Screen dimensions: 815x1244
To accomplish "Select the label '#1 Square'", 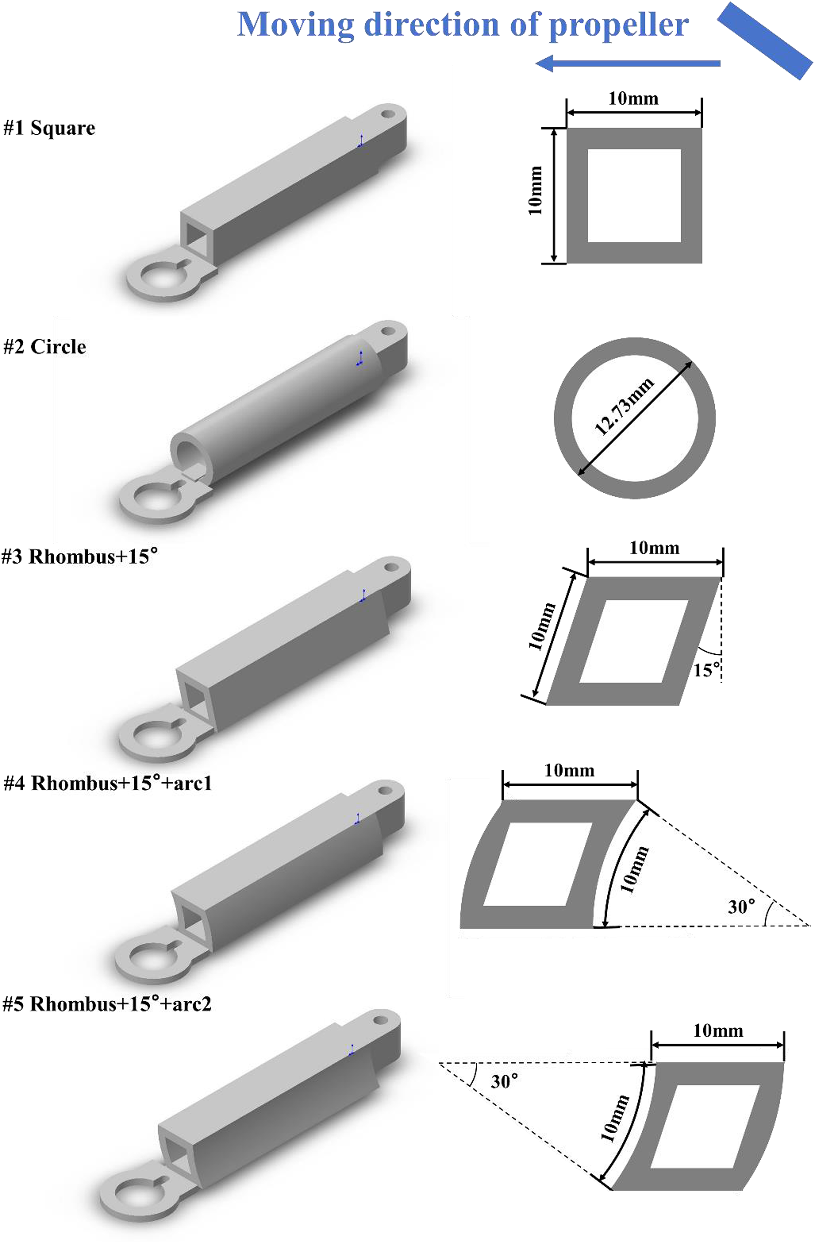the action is click(50, 127).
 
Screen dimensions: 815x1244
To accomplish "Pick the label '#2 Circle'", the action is click(45, 347).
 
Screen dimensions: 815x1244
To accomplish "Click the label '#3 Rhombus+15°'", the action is click(79, 556).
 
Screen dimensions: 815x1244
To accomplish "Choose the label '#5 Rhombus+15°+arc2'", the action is click(107, 1004).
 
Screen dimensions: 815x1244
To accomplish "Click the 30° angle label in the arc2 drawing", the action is click(504, 1080).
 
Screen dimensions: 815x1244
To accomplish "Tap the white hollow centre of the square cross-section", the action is click(634, 195).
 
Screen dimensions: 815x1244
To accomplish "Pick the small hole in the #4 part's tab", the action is click(385, 790).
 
